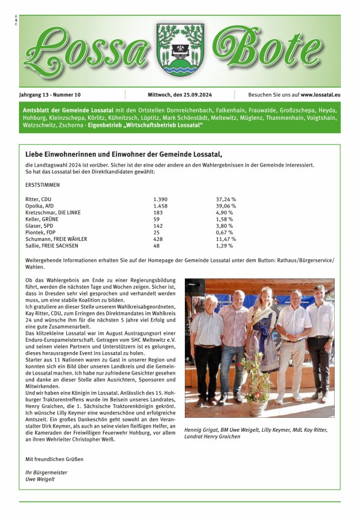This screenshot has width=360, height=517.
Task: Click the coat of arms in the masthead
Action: (180, 50)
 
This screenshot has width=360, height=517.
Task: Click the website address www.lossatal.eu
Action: (320, 95)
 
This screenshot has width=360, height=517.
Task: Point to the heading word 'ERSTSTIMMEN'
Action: (43, 186)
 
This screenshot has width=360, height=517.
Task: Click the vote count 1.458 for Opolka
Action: (160, 206)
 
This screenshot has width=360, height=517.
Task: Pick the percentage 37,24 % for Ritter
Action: (226, 199)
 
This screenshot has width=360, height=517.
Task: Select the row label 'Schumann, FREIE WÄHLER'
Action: (56, 239)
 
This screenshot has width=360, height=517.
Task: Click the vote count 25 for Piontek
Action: (157, 232)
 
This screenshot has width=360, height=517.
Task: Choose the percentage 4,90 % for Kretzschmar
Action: (225, 212)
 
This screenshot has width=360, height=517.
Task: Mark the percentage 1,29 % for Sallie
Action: (225, 246)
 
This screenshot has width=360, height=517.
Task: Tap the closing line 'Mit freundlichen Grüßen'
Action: (55, 459)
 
